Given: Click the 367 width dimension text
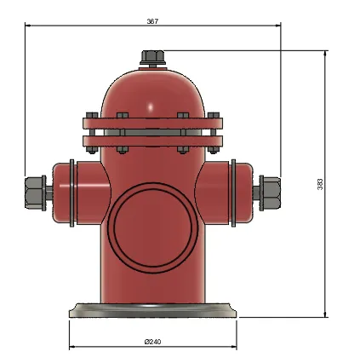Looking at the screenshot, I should (152, 20).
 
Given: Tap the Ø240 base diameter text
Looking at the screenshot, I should (153, 342).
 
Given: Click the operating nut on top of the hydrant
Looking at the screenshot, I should (152, 58).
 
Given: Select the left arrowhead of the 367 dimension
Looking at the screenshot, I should (28, 26).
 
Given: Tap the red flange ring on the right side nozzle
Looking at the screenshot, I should (232, 193).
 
